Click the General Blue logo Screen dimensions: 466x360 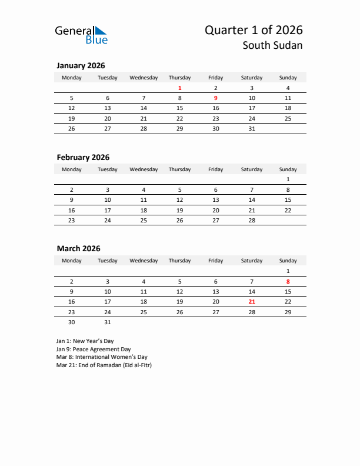pyautogui.click(x=81, y=35)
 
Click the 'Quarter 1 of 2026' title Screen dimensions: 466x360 pyautogui.click(x=254, y=30)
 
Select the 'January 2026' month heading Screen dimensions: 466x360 pyautogui.click(x=81, y=66)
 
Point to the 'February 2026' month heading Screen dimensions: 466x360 pyautogui.click(x=83, y=157)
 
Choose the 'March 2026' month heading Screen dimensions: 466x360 pyautogui.click(x=78, y=248)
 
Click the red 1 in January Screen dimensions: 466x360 pyautogui.click(x=179, y=88)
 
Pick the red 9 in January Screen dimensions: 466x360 pyautogui.click(x=216, y=98)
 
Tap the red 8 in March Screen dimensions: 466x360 pyautogui.click(x=288, y=281)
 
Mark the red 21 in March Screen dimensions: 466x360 pyautogui.click(x=252, y=301)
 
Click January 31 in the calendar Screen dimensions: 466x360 pyautogui.click(x=252, y=128)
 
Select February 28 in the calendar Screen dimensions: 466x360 pyautogui.click(x=252, y=220)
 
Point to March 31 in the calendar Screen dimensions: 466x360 pyautogui.click(x=108, y=322)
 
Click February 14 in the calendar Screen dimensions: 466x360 pyautogui.click(x=252, y=200)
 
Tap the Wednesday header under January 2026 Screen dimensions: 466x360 pyautogui.click(x=144, y=78)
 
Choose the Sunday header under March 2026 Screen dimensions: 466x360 pyautogui.click(x=288, y=261)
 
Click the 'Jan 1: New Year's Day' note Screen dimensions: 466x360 pyautogui.click(x=85, y=341)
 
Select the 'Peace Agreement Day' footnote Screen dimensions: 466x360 pyautogui.click(x=94, y=349)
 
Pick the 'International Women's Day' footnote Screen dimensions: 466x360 pyautogui.click(x=102, y=357)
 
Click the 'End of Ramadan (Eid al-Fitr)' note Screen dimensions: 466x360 pyautogui.click(x=104, y=365)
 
